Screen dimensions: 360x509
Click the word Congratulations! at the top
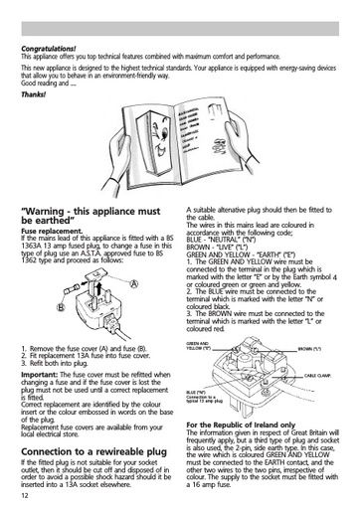(x=47, y=49)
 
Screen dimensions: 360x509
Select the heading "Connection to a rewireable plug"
(x=92, y=449)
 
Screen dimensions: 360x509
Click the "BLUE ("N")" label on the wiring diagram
(x=198, y=395)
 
